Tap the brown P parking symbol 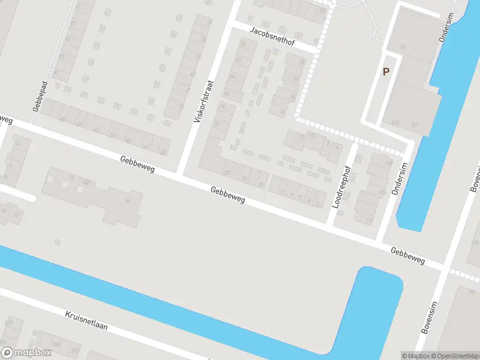tap(386, 71)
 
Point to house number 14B tap(86, 182)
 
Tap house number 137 tap(370, 220)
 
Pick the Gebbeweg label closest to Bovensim tap(407, 256)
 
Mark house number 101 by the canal tap(415, 124)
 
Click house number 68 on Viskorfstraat tap(226, 94)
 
